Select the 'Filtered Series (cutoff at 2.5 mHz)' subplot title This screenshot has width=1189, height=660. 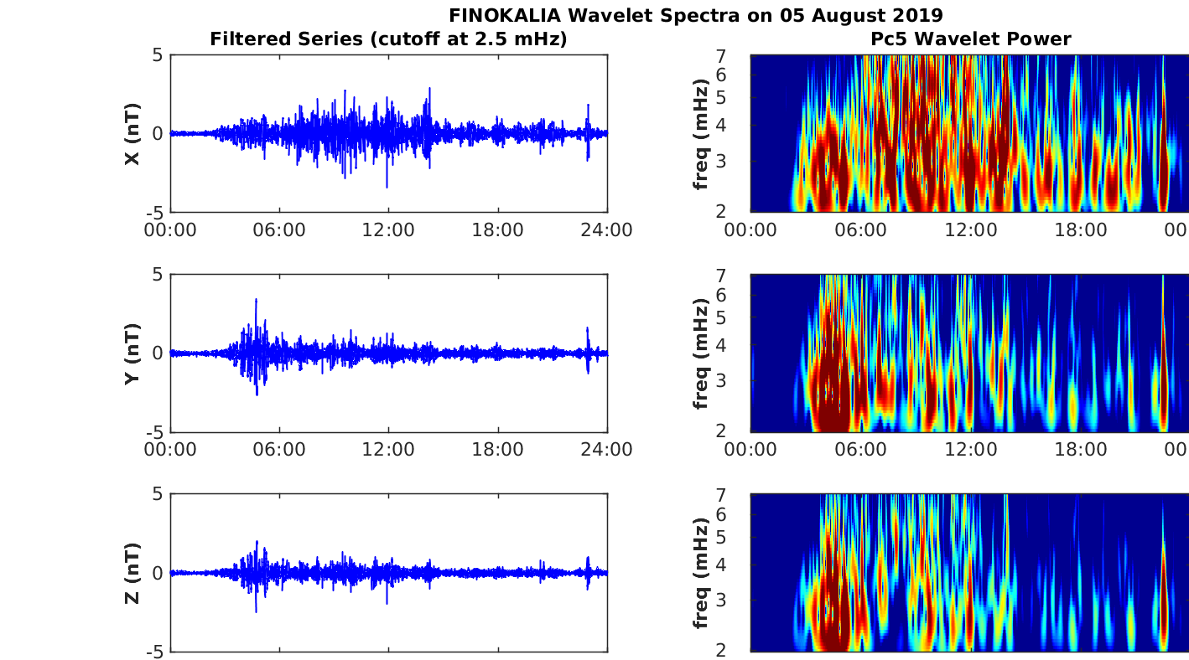388,39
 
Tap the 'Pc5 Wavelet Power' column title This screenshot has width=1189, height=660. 970,39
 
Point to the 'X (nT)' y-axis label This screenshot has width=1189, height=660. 132,134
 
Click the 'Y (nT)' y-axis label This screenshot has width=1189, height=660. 132,353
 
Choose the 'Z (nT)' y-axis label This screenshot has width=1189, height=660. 132,573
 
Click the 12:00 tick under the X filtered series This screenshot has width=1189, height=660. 388,230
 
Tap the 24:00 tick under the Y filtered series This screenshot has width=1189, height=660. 606,450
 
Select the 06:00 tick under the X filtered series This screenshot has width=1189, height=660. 279,230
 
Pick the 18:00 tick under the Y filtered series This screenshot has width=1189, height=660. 498,450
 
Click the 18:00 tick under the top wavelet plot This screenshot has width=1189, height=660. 1080,230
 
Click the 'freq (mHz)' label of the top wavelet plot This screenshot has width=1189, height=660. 702,134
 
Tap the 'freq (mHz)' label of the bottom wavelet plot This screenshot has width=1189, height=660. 702,573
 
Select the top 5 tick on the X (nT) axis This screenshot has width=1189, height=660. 157,55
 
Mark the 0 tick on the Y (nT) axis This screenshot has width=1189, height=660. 157,353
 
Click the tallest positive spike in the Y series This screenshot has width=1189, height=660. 256,300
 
